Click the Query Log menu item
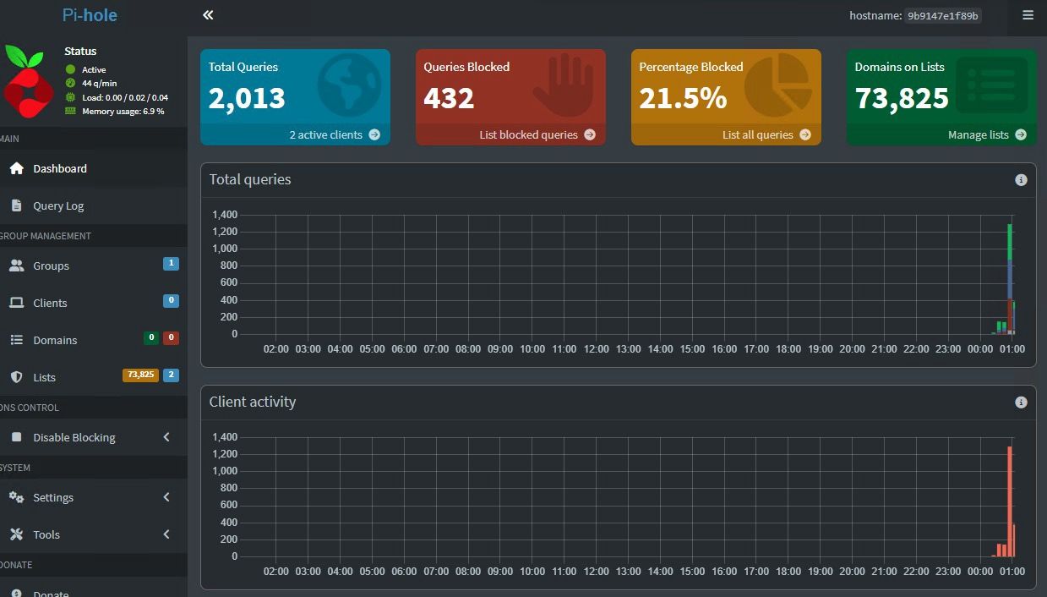[x=58, y=205]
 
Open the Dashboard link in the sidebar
[x=59, y=168]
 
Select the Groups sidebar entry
[x=51, y=266]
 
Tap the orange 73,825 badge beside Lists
[x=140, y=375]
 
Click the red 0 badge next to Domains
[x=171, y=338]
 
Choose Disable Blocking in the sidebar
[x=74, y=437]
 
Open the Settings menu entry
[x=52, y=497]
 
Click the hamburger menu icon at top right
[x=1028, y=15]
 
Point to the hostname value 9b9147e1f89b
[x=942, y=15]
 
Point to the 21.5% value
[x=683, y=99]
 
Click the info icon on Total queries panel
[x=1021, y=180]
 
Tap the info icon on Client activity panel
[x=1021, y=403]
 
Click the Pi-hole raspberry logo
[x=28, y=81]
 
